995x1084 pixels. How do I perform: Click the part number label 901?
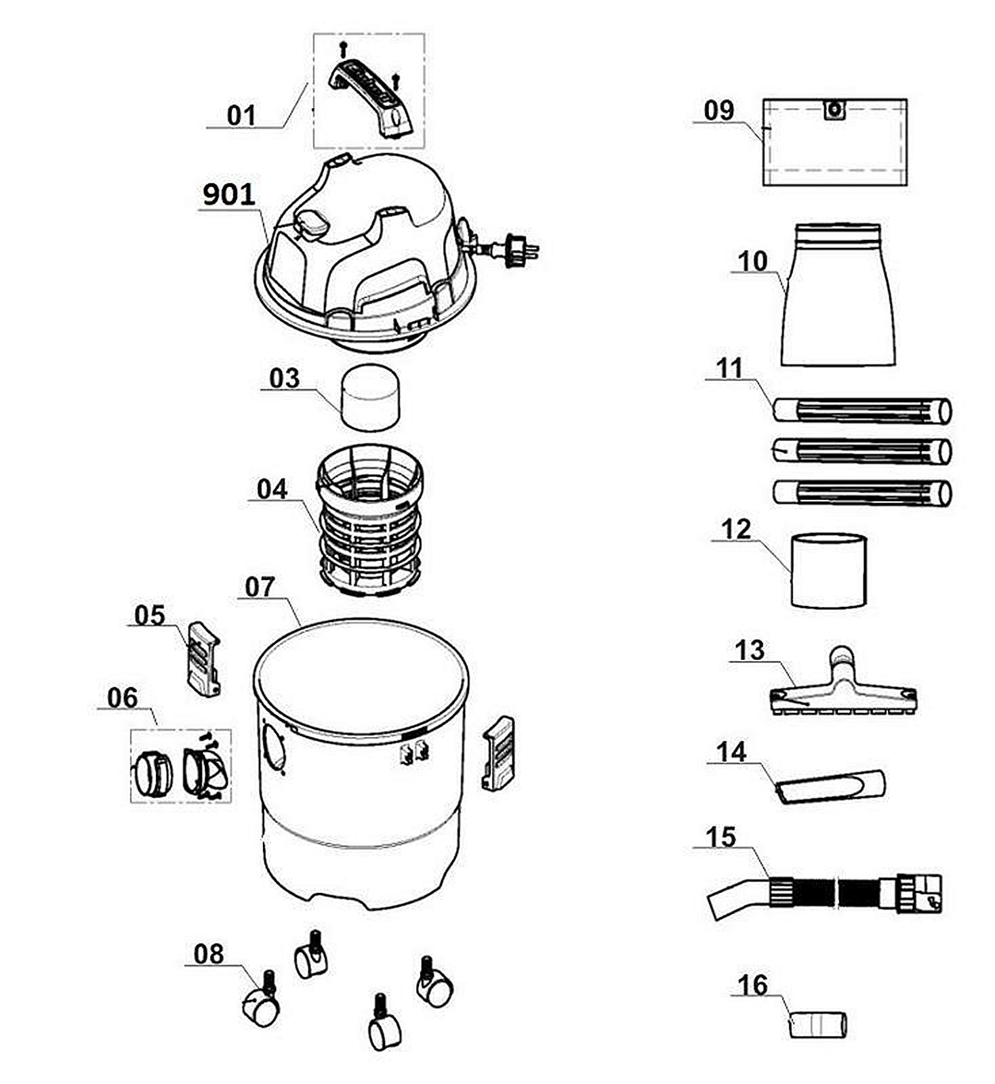pos(229,195)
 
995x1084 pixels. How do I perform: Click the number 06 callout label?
pos(122,698)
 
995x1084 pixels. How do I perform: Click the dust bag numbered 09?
pos(835,142)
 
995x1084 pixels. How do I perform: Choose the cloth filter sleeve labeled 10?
pos(838,295)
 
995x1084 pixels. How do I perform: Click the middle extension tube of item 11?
pos(862,451)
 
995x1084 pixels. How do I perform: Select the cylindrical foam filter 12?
pos(828,570)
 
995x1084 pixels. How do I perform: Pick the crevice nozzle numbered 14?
pos(830,787)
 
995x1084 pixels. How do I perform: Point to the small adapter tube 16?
pos(818,1024)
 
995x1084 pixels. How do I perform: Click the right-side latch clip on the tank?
pos(497,753)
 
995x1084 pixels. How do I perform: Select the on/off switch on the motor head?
pos(310,224)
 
